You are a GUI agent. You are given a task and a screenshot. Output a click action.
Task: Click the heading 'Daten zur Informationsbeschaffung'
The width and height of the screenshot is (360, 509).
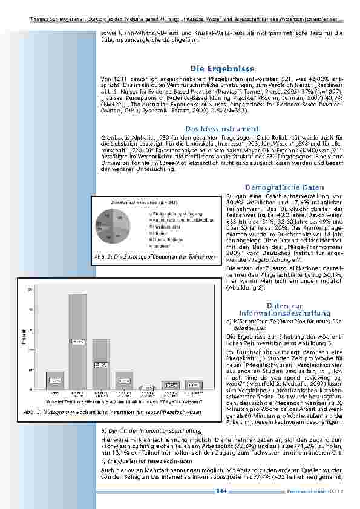(x=284, y=310)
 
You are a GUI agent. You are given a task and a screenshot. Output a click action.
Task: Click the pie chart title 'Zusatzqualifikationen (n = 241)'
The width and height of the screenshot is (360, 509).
(x=140, y=201)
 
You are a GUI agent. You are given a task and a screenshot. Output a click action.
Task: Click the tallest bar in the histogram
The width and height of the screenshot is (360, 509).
(x=78, y=342)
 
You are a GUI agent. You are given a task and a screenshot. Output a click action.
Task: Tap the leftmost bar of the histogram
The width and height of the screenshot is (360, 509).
(x=55, y=380)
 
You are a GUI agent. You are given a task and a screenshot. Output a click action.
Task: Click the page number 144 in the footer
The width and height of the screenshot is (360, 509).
(x=221, y=492)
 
